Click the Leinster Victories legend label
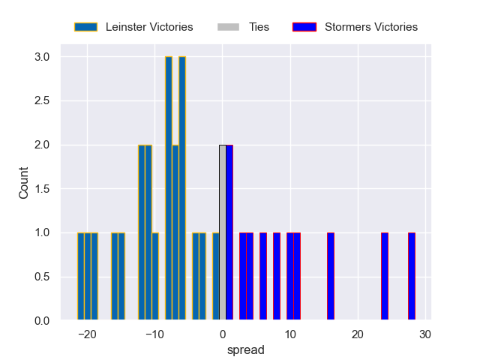tap(149, 27)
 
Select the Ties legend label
tap(259, 27)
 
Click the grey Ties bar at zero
tap(222, 232)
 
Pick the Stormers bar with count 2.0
tap(229, 232)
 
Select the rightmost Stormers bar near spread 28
tap(412, 277)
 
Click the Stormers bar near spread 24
tap(385, 277)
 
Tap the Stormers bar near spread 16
tap(331, 277)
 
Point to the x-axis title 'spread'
tap(245, 350)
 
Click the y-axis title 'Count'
tap(24, 183)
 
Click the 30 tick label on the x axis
tap(425, 334)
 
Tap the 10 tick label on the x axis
tap(290, 334)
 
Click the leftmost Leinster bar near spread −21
tap(81, 277)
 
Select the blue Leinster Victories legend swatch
tap(85, 27)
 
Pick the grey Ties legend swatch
tap(228, 27)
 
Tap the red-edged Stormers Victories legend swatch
tap(304, 27)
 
